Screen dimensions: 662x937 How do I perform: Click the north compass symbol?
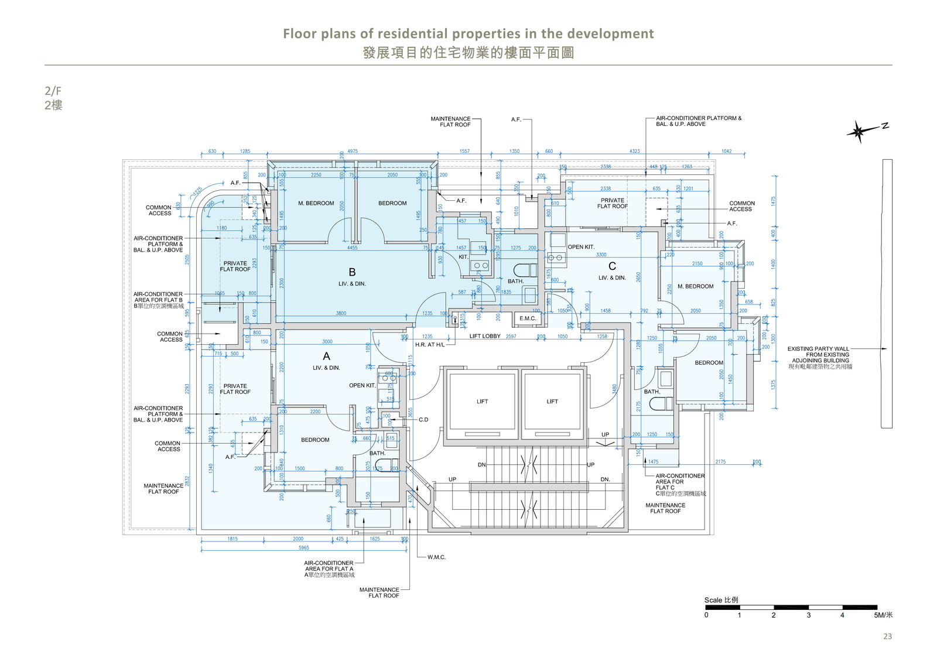pos(859,132)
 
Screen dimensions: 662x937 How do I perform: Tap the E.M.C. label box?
pos(528,318)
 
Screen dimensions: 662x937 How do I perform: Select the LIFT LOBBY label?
pos(485,336)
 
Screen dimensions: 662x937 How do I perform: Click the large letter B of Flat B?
pos(352,272)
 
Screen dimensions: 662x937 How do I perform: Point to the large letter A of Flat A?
pos(326,356)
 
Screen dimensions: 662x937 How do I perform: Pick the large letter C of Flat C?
pos(612,266)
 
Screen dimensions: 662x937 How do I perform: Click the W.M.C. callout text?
pos(436,557)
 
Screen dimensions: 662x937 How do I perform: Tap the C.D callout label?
pos(423,420)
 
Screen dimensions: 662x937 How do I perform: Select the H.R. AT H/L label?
pos(430,345)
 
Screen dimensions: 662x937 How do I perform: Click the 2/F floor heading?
pos(53,91)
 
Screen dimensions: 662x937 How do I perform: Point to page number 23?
pos(887,636)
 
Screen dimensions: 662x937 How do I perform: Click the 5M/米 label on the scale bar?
pos(883,615)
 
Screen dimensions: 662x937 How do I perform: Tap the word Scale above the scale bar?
pos(713,600)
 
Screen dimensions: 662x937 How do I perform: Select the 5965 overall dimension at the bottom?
pos(303,548)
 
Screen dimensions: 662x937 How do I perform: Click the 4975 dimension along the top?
pos(352,151)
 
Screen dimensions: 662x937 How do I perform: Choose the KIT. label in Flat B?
pos(463,257)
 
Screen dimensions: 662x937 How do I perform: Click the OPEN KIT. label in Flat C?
pos(581,247)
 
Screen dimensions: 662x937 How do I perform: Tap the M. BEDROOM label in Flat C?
pos(695,286)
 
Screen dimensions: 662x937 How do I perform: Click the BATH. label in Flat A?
pos(377,453)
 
